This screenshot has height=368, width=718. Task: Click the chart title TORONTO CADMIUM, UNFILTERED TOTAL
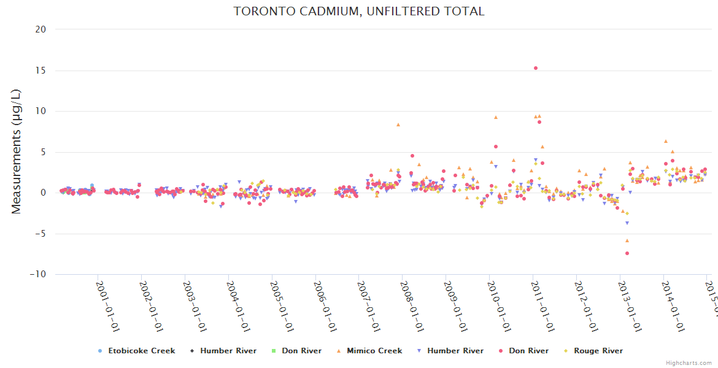coord(359,11)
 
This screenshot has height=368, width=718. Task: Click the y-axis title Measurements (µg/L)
coord(17,151)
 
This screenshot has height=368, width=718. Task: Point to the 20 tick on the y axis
coord(41,29)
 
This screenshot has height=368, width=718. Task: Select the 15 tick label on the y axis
coord(41,71)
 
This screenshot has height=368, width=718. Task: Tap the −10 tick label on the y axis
coord(38,275)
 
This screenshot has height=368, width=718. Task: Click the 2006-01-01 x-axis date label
coord(325,298)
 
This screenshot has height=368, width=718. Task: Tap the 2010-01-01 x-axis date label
coord(498,298)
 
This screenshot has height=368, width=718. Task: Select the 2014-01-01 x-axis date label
coord(672,298)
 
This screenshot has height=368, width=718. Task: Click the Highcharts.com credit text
coord(689,362)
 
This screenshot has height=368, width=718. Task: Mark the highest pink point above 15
coord(536,68)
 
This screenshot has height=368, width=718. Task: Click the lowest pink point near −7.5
coord(627,253)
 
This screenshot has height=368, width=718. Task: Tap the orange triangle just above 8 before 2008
coord(398,125)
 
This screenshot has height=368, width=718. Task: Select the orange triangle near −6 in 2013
coord(627,240)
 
